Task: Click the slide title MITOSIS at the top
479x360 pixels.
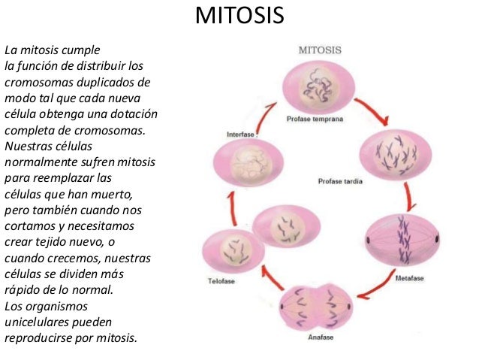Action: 239,17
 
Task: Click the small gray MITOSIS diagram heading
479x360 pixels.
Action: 321,50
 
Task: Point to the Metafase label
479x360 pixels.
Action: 411,277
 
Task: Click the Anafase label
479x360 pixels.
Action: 320,337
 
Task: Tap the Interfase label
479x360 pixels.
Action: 242,135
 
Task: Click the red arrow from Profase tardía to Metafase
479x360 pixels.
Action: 410,197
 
